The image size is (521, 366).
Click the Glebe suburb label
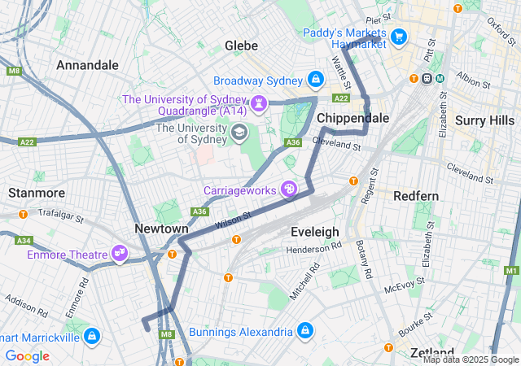click(x=241, y=45)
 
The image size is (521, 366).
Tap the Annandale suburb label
click(x=87, y=64)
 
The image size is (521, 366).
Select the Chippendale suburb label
click(x=352, y=118)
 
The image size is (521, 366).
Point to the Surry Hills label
click(x=485, y=120)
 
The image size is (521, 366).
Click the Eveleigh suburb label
click(x=314, y=232)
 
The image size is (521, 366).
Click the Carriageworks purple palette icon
click(x=289, y=190)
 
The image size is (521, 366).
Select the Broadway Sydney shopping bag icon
click(x=316, y=81)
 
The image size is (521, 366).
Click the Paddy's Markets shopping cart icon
click(x=398, y=37)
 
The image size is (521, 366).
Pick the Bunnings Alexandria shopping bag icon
click(x=304, y=331)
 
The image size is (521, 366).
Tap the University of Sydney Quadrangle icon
click(x=258, y=103)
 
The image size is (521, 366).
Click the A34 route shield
click(x=24, y=241)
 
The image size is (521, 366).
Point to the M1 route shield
click(x=511, y=270)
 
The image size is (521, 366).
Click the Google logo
click(x=27, y=355)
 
